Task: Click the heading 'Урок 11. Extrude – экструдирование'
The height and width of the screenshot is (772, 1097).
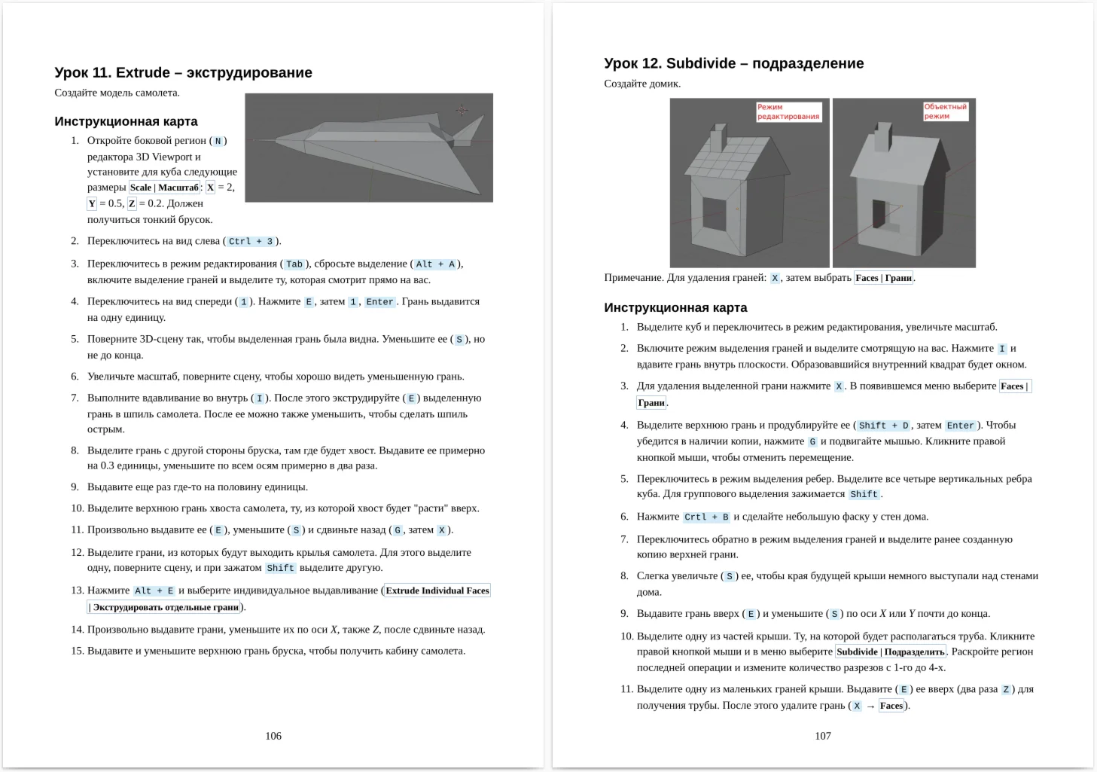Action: click(x=183, y=72)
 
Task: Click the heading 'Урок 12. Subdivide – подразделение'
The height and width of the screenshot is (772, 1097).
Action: click(x=733, y=63)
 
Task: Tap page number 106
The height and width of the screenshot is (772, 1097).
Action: click(x=273, y=736)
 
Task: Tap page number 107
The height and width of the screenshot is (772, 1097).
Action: click(x=823, y=736)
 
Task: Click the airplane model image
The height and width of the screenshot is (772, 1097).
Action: click(x=369, y=148)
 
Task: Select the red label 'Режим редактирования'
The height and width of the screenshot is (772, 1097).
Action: click(x=788, y=111)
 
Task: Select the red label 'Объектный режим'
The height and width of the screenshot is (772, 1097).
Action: click(x=945, y=111)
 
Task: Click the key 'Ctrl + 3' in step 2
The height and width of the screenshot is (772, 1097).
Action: click(x=251, y=242)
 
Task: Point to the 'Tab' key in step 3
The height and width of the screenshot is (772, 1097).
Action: click(x=294, y=264)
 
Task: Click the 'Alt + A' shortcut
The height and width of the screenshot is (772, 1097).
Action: click(x=435, y=264)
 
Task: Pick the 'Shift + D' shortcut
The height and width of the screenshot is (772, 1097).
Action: click(x=883, y=426)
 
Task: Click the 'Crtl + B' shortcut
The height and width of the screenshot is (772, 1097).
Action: click(x=706, y=517)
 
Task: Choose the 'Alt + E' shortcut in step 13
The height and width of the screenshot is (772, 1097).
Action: click(x=154, y=591)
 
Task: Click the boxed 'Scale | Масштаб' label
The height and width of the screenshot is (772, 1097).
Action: click(x=164, y=188)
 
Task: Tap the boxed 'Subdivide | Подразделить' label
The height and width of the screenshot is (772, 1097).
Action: click(x=891, y=652)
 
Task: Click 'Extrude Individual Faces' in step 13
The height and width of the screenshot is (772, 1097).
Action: click(x=437, y=590)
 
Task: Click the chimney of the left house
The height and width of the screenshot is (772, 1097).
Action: click(x=718, y=138)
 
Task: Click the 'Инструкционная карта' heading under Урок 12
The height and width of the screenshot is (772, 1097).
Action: click(x=675, y=307)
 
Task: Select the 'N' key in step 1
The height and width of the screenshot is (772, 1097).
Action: click(x=218, y=141)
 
